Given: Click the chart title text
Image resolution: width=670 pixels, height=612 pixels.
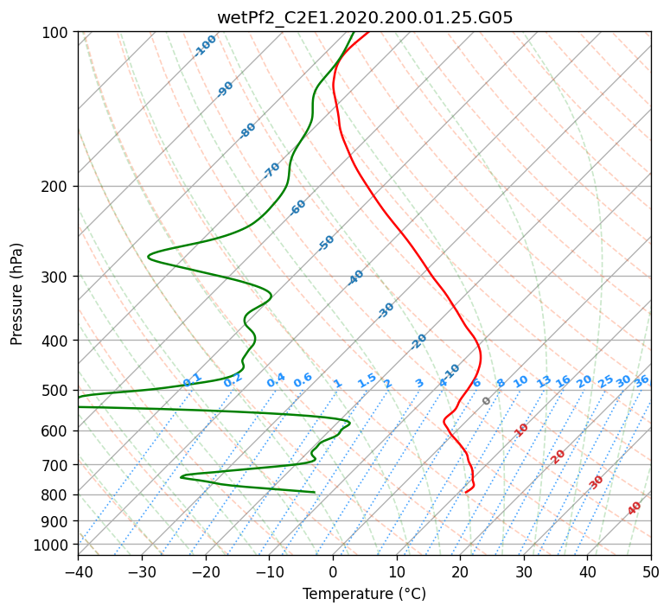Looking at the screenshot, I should (x=364, y=17).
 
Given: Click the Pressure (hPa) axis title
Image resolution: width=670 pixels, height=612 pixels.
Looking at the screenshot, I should (x=17, y=294).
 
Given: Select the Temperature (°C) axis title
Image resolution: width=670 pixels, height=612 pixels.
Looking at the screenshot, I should (x=364, y=594).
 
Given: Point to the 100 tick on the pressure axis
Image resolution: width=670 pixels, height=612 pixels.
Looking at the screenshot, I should (x=57, y=33).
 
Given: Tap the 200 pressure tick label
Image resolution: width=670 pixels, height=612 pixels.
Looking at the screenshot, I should (x=57, y=187).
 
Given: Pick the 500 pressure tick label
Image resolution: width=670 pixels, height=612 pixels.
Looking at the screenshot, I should (x=57, y=391).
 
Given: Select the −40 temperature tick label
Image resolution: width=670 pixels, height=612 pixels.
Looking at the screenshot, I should (x=78, y=571).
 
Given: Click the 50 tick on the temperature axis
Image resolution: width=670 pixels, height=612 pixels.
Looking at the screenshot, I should (x=651, y=571).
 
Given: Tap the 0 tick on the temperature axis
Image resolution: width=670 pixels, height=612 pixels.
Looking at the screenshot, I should (x=333, y=571).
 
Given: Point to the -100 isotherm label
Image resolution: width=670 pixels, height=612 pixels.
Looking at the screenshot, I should (x=205, y=45).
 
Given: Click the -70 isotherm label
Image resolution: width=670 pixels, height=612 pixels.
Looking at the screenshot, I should (x=271, y=170).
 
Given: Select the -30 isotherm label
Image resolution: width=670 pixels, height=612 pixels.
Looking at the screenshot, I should (x=386, y=310).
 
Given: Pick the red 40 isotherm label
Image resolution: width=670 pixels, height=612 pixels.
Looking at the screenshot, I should (x=635, y=508).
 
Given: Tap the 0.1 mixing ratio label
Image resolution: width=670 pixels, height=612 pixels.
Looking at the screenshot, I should (x=192, y=379).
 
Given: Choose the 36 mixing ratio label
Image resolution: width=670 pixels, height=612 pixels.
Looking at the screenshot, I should (x=641, y=380).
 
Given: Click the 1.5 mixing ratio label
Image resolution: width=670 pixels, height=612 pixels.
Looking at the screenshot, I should (x=367, y=379).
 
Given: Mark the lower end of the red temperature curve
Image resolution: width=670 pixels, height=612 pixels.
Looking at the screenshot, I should (x=465, y=493).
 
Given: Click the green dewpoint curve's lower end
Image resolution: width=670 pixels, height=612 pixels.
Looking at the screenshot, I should (x=314, y=492).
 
